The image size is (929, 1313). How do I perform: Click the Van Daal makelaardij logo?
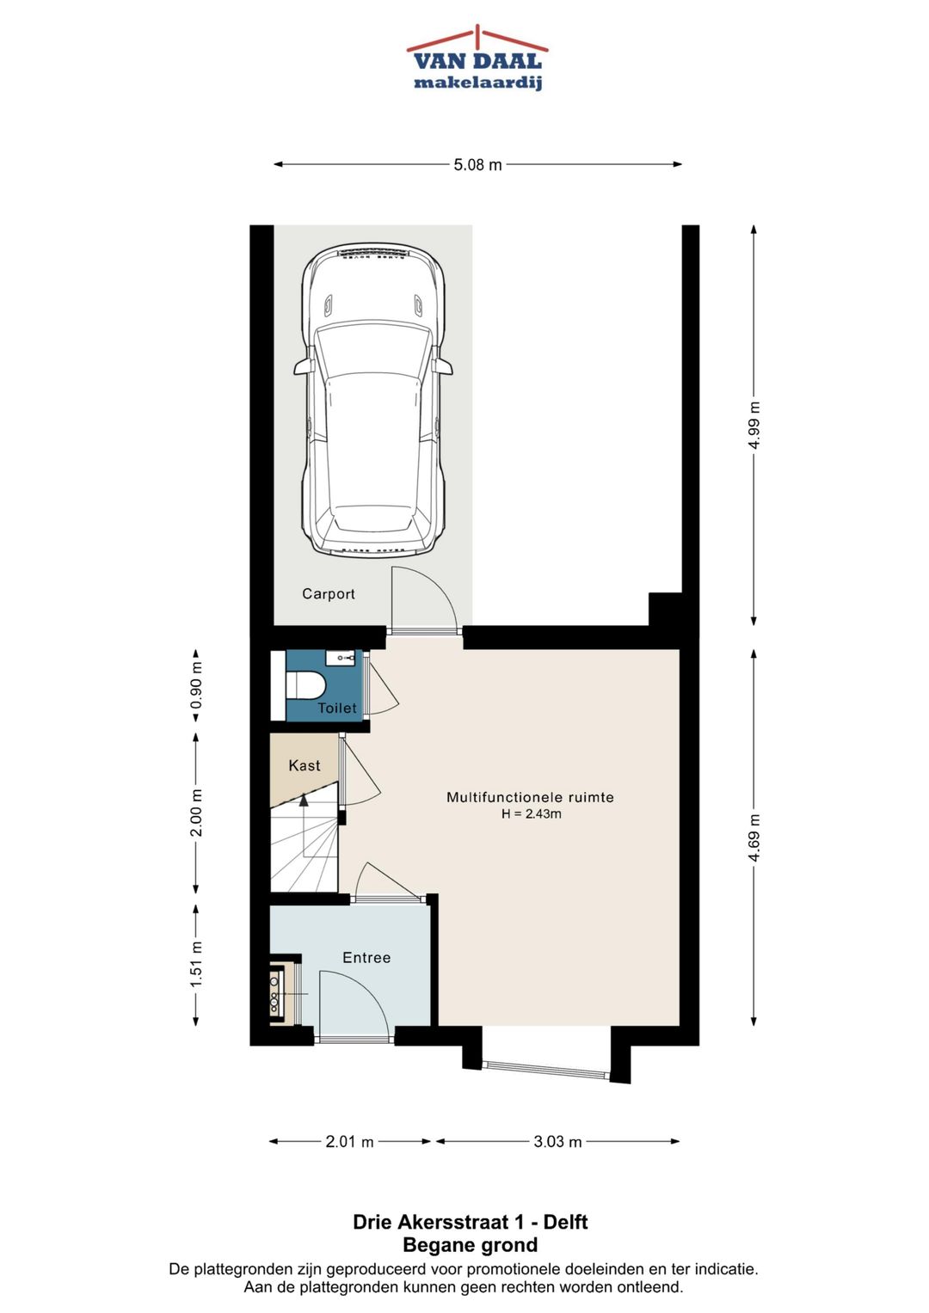pos(477,58)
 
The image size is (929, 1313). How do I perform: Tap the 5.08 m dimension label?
pos(477,165)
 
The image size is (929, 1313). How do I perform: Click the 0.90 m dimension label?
pos(196,684)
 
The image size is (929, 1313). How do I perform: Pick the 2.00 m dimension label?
pos(196,813)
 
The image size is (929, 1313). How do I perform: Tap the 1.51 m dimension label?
pos(196,964)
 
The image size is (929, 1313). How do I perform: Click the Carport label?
pos(329,594)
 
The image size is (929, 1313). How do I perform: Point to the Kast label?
pos(305,765)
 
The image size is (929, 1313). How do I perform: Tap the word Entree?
pos(366,957)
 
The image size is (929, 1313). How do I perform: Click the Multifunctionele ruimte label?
pos(530,796)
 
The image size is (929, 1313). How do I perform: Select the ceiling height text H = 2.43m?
pos(532,813)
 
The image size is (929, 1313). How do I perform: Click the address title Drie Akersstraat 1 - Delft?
pos(471,1222)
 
